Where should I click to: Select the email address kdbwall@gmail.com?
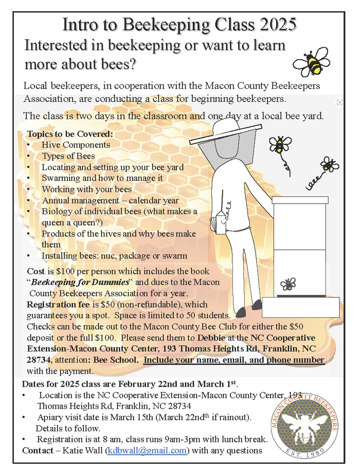[x=146, y=450]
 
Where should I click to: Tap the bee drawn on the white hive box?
[x=288, y=283]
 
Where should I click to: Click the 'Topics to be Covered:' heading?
[x=70, y=134]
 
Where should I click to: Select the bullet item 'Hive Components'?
[x=76, y=145]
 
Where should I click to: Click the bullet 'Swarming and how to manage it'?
[x=102, y=178]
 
